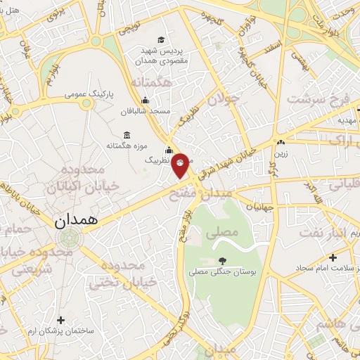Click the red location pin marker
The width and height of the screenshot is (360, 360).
181,165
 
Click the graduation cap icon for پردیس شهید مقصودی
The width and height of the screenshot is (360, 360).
162,39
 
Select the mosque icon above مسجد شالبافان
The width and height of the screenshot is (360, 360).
145,101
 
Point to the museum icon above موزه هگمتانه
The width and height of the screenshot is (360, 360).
127,134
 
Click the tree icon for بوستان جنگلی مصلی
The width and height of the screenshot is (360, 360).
223,259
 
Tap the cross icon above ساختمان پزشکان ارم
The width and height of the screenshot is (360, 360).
60,320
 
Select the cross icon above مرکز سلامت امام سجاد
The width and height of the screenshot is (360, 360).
333,257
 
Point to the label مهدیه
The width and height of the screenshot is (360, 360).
348,120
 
